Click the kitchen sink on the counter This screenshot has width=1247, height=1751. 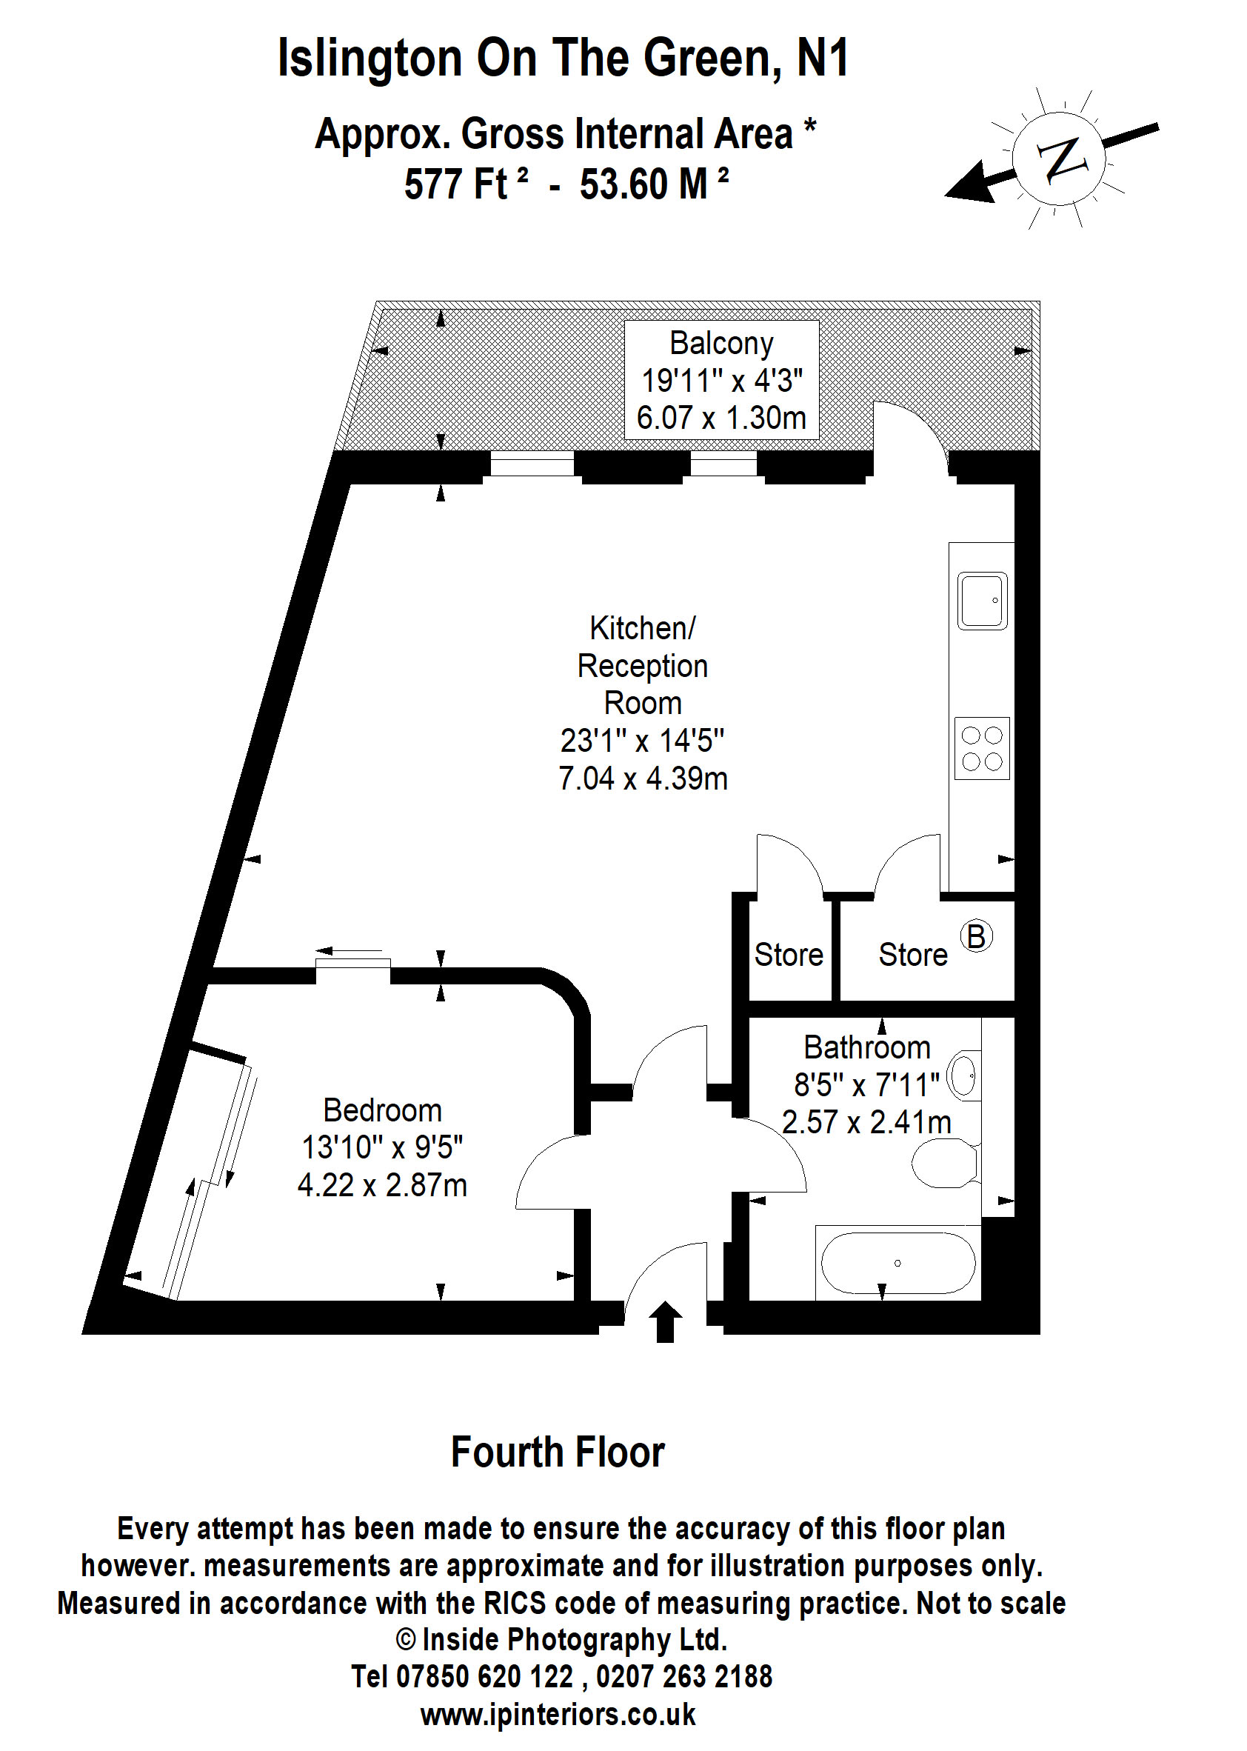click(x=982, y=601)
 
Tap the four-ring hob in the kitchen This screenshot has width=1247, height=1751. click(x=982, y=748)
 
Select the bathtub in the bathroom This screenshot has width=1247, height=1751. click(x=897, y=1263)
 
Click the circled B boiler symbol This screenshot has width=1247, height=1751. click(x=976, y=936)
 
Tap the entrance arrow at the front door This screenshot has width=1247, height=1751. click(x=665, y=1321)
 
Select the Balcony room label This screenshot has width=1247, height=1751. click(x=721, y=343)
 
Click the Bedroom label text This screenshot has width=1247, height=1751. click(x=382, y=1110)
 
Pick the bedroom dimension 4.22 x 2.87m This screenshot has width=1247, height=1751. click(x=382, y=1185)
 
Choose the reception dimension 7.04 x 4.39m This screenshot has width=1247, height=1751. click(x=643, y=778)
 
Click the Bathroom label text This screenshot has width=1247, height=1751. click(x=867, y=1047)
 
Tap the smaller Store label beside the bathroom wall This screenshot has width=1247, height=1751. click(x=789, y=955)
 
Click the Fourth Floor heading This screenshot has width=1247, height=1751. click(x=558, y=1453)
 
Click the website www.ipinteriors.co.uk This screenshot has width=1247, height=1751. click(x=558, y=1714)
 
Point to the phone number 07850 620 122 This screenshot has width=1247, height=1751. click(x=484, y=1675)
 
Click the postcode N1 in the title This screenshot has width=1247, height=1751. click(x=823, y=58)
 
